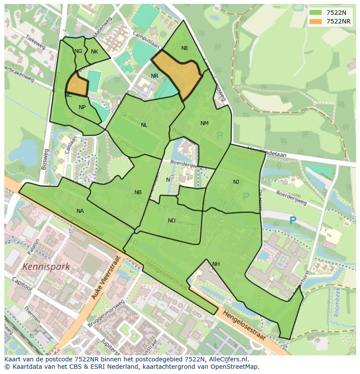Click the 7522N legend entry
(330, 13)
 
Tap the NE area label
(185, 48)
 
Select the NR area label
(154, 76)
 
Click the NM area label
(204, 123)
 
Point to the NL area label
(144, 125)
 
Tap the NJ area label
(236, 182)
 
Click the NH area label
(216, 264)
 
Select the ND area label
(172, 221)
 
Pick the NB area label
(138, 192)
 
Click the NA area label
(80, 211)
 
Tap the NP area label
(82, 107)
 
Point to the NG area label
(78, 51)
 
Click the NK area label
(94, 52)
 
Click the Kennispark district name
(46, 267)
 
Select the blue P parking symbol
(293, 221)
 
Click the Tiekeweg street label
(36, 39)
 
